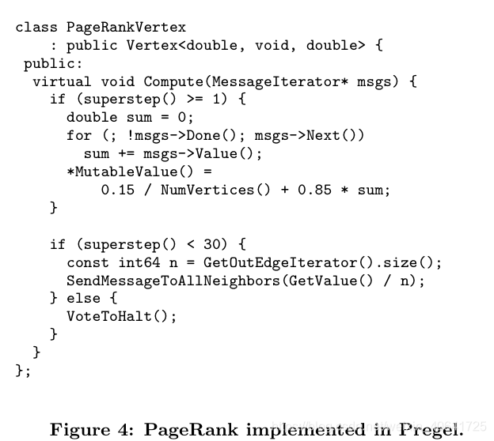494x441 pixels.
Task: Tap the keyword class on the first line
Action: [36, 27]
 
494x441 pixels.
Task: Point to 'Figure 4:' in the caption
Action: [91, 430]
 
